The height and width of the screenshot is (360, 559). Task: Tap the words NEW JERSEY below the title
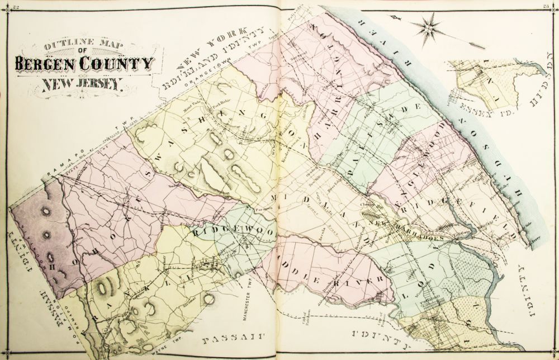tap(81, 85)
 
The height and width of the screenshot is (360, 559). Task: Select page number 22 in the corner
tap(16, 7)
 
